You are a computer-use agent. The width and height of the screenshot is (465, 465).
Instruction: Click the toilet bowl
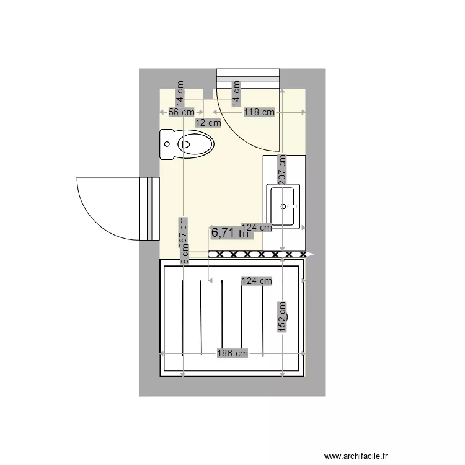(195, 146)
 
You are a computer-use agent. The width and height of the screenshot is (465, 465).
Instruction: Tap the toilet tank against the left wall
(167, 144)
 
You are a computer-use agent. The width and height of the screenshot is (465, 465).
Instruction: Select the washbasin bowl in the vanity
(283, 205)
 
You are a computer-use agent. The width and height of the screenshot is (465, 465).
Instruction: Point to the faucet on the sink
(291, 205)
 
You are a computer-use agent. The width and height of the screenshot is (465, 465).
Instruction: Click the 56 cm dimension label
(182, 112)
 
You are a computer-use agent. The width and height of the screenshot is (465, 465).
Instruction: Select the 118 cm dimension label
(259, 112)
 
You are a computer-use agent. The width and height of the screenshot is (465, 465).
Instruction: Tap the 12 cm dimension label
(208, 123)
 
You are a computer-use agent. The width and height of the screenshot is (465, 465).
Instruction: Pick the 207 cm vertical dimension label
(282, 167)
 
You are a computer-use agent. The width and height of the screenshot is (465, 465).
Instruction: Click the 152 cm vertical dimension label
(282, 316)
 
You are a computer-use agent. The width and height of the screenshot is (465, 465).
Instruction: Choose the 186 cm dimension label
(232, 353)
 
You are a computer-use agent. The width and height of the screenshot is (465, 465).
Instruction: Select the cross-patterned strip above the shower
(257, 254)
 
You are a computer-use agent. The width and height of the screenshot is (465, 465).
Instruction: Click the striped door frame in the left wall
(149, 208)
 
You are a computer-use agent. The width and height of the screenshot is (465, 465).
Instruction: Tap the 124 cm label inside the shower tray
(257, 281)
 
